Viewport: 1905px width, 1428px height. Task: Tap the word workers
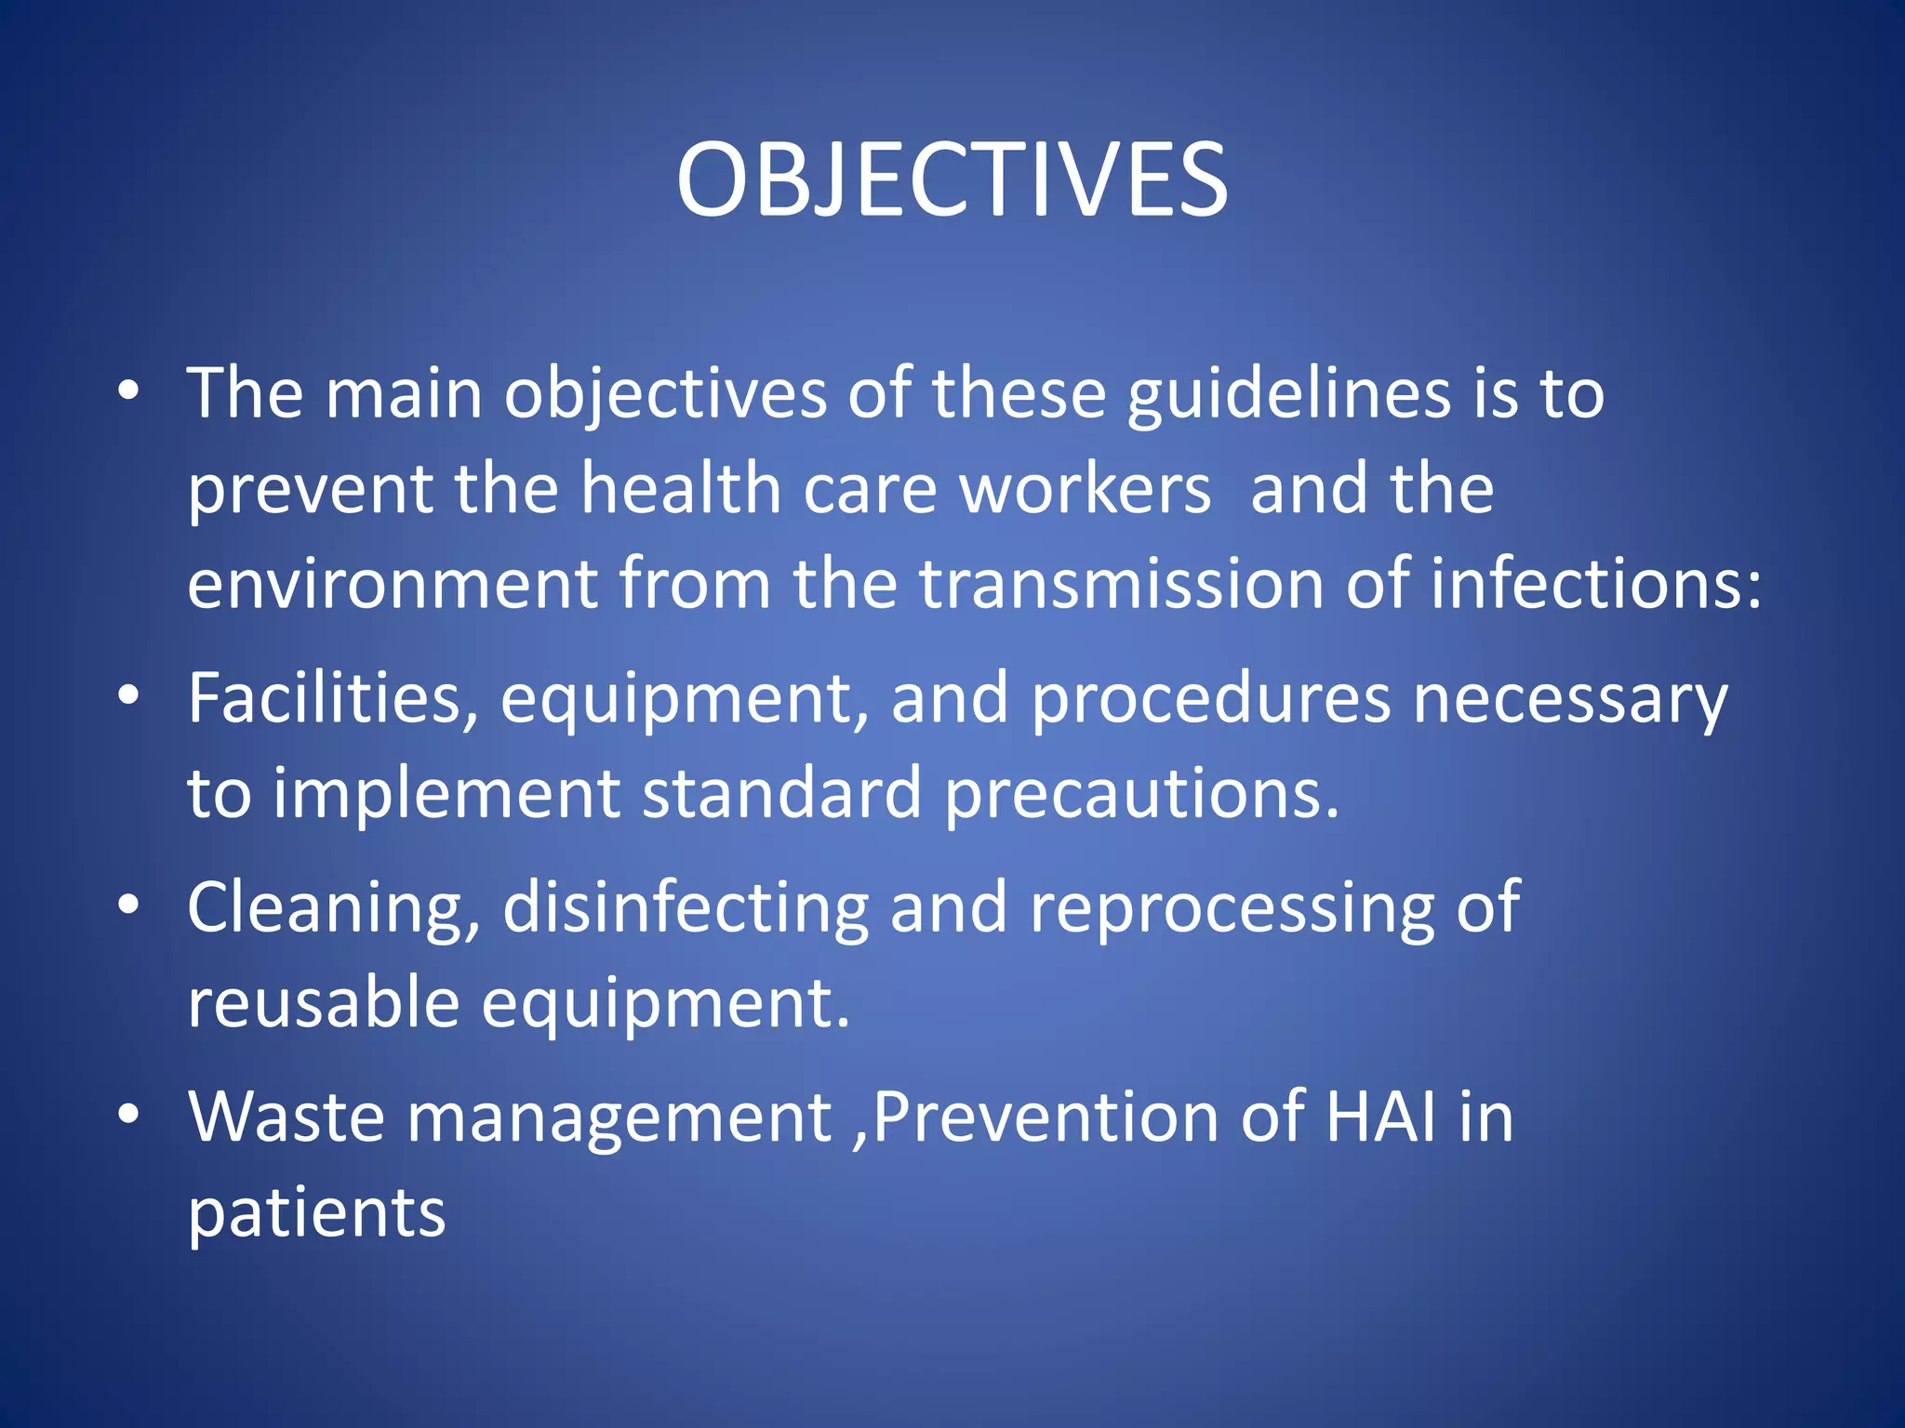point(1086,489)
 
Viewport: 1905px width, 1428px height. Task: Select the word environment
point(392,585)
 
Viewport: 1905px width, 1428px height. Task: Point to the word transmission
point(1122,585)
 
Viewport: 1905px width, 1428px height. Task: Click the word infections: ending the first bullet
point(1595,585)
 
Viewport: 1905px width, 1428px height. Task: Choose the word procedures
point(1210,700)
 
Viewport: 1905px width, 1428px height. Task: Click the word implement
point(446,795)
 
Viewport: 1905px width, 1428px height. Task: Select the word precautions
point(1141,795)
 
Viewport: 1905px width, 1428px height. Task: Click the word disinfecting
point(686,908)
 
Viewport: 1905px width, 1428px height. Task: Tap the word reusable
point(323,1003)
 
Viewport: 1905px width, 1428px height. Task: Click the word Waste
point(286,1117)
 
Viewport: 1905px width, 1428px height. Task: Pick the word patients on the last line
point(316,1213)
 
